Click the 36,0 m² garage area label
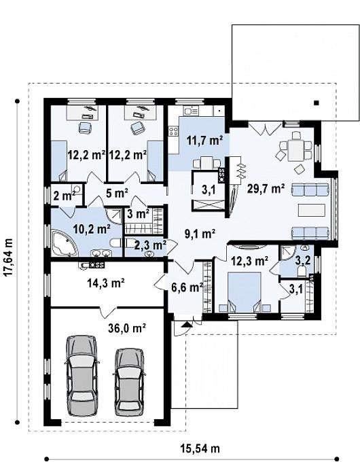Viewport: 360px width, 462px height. [x=127, y=328]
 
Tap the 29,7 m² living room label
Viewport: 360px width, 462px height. [x=266, y=188]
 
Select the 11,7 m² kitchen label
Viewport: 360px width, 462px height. [x=204, y=140]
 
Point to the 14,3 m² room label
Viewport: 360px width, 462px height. [x=106, y=283]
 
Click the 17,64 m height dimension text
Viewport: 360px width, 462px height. [x=9, y=257]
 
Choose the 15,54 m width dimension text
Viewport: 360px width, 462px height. [x=200, y=448]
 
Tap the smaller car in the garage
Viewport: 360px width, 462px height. [x=129, y=382]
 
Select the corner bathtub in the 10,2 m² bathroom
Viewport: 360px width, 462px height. [x=65, y=243]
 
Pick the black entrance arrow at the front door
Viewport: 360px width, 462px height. [x=185, y=324]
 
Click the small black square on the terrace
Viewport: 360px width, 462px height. [x=316, y=103]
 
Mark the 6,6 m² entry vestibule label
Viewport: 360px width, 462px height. [x=187, y=287]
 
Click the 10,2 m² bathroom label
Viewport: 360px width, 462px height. [x=92, y=229]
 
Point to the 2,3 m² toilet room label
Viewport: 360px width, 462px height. [x=150, y=245]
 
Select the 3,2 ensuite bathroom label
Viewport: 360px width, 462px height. [x=302, y=261]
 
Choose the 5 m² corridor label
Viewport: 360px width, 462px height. [x=117, y=193]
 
